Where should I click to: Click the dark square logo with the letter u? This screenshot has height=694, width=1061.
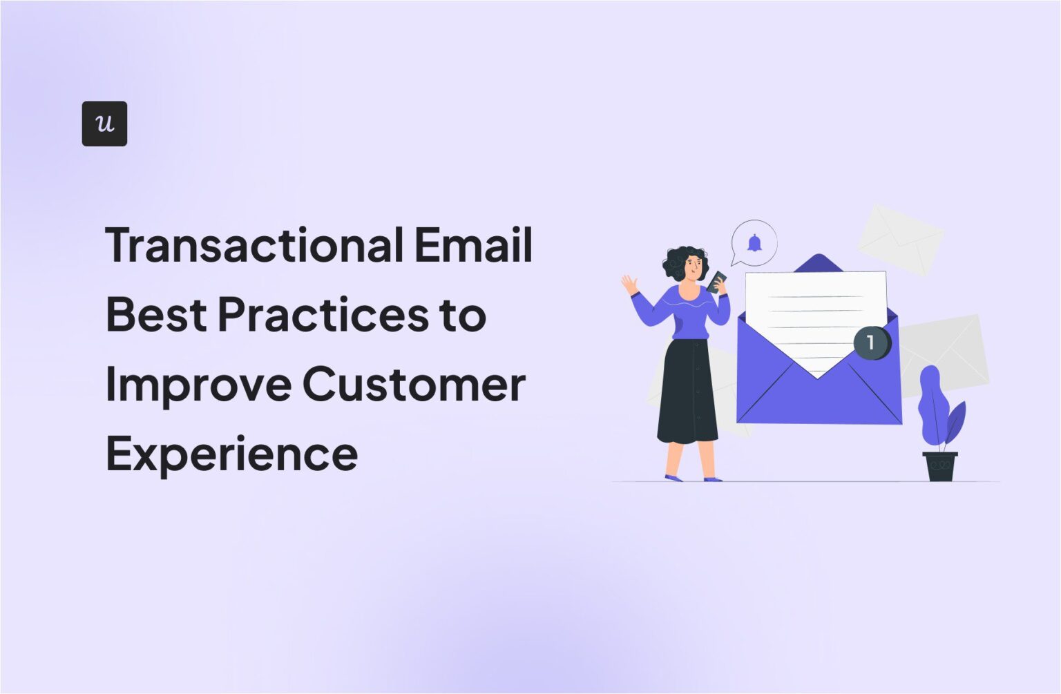104,124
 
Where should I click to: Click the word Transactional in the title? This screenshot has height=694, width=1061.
254,245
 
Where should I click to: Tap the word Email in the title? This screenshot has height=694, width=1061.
473,245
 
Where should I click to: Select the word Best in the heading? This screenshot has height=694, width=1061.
156,315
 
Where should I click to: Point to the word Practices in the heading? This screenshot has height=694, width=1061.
323,315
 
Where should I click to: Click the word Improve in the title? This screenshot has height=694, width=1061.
198,385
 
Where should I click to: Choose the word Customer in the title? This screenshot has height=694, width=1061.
414,385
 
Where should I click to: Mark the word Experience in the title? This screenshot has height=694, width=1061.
231,454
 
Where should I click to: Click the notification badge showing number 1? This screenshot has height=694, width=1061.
871,343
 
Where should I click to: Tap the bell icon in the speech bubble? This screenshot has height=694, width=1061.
754,243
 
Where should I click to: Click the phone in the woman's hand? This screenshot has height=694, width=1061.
717,280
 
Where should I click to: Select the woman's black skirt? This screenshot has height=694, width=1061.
687,394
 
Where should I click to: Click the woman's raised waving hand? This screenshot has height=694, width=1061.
629,284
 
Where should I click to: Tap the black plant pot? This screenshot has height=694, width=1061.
940,466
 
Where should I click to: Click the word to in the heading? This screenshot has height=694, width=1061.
463,315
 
